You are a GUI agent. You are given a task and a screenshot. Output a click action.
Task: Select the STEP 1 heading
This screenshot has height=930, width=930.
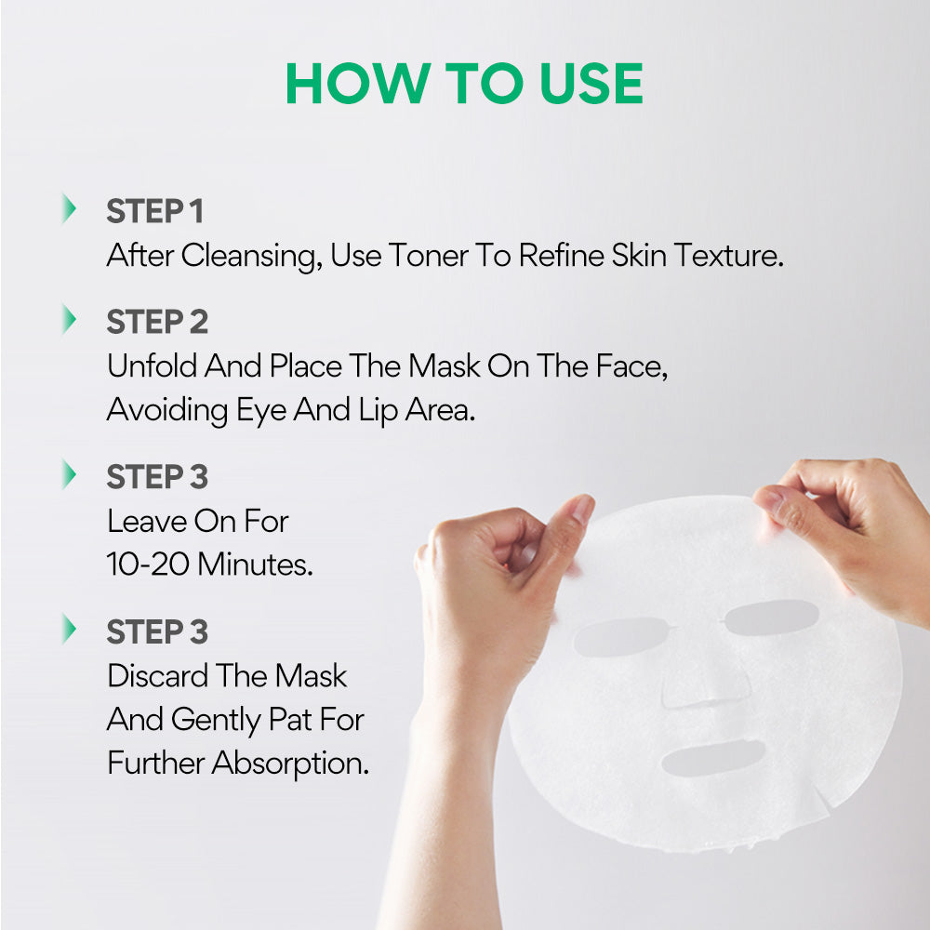pos(154,211)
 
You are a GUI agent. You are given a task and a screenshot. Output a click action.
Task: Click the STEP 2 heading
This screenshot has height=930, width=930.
pos(157,322)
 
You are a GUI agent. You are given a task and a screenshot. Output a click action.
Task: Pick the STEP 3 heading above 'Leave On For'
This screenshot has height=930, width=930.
pos(157,477)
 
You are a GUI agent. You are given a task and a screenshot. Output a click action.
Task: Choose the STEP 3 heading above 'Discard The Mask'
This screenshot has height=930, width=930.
pos(157,631)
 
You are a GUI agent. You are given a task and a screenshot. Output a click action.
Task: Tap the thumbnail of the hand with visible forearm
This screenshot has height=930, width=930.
pos(581,509)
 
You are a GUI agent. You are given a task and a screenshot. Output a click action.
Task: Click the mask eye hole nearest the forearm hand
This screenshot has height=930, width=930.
pos(620,636)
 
